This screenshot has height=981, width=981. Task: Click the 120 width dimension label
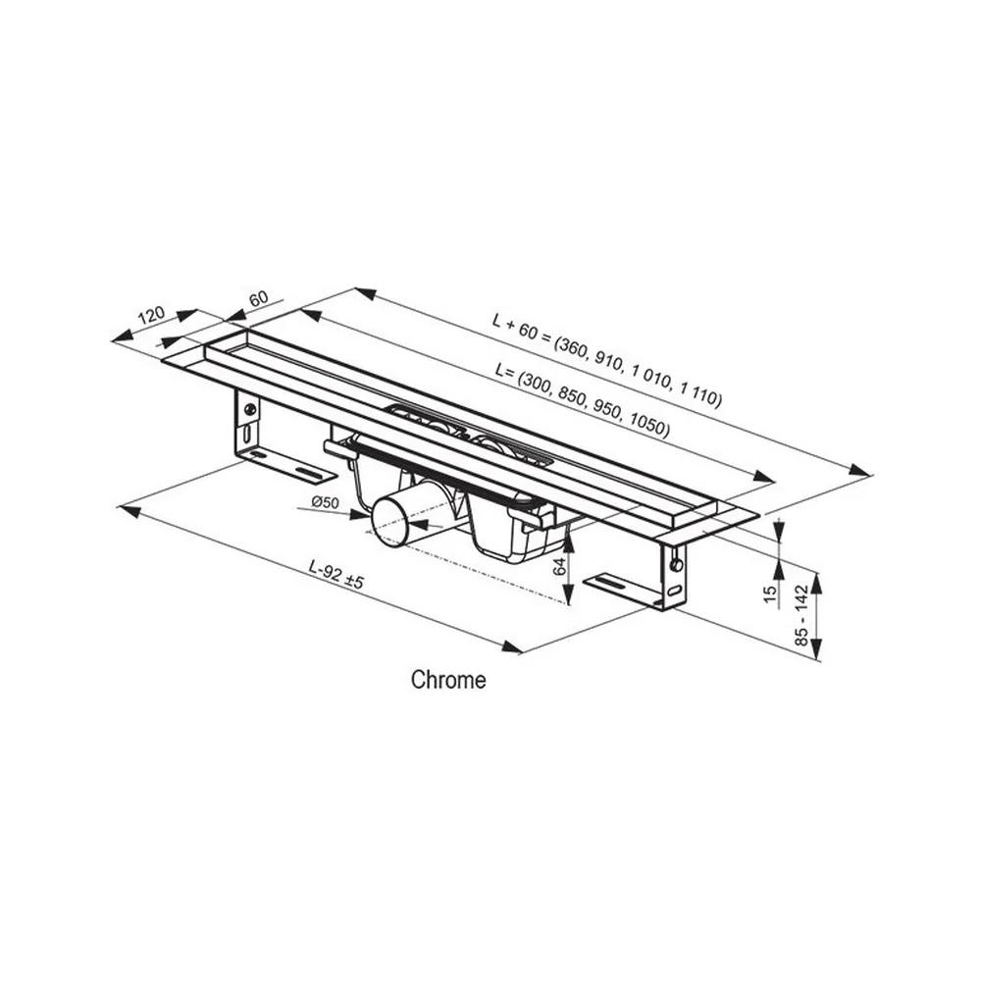(151, 314)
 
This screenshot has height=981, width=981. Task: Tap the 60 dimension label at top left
(258, 298)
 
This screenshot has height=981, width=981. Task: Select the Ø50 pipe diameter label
(325, 501)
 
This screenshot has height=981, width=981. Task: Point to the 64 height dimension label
(560, 566)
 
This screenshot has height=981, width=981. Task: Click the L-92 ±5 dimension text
(336, 574)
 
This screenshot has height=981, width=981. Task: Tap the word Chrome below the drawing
(448, 680)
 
